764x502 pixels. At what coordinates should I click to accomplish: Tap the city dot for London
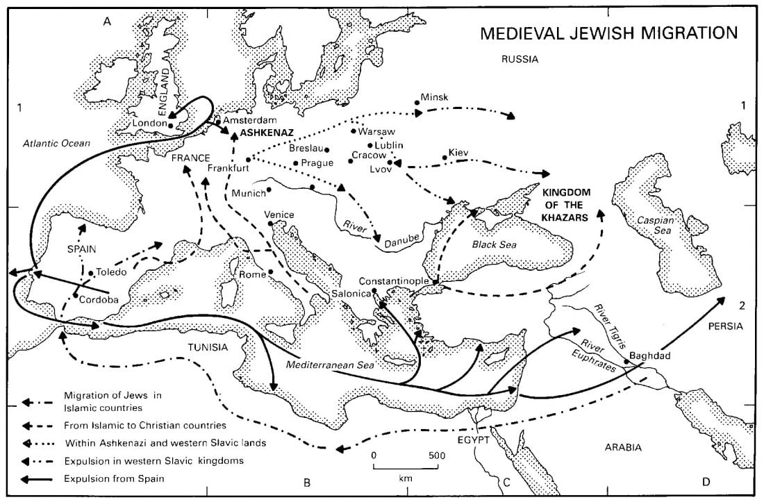171,124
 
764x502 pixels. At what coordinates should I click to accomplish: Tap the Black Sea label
490,244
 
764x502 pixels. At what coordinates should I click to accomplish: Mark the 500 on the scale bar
436,455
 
